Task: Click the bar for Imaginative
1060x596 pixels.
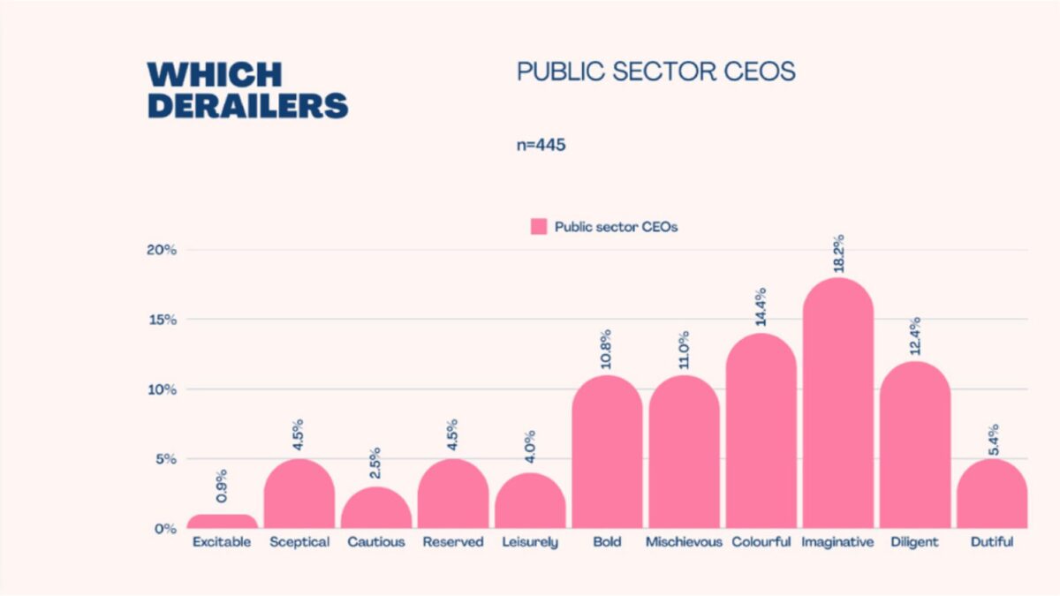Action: (837, 406)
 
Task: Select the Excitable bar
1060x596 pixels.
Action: (223, 522)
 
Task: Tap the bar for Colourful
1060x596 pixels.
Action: (761, 433)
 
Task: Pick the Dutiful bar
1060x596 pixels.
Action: (991, 494)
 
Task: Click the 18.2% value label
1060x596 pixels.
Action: (838, 254)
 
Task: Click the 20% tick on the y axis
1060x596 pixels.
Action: (162, 250)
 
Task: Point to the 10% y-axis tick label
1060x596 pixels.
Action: (162, 389)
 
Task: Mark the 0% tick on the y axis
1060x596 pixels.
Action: (165, 529)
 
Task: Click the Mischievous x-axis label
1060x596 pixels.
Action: (684, 542)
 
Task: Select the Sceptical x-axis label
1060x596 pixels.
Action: (299, 542)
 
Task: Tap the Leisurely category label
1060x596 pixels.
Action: (530, 542)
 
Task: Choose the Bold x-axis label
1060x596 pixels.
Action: (607, 542)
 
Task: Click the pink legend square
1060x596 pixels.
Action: (539, 227)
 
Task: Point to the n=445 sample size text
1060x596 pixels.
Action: (541, 145)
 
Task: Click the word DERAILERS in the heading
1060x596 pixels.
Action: (248, 105)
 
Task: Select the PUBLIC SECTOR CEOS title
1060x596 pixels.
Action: (656, 72)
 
